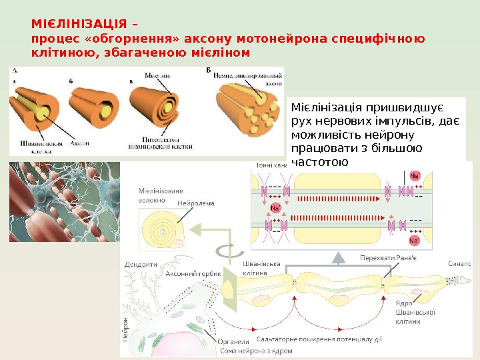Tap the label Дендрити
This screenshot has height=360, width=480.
click(141, 265)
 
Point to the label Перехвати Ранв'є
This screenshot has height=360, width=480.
click(389, 258)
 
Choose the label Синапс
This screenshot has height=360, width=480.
click(460, 264)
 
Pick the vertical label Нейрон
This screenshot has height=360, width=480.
click(125, 329)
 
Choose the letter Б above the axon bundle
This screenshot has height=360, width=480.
click(209, 70)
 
